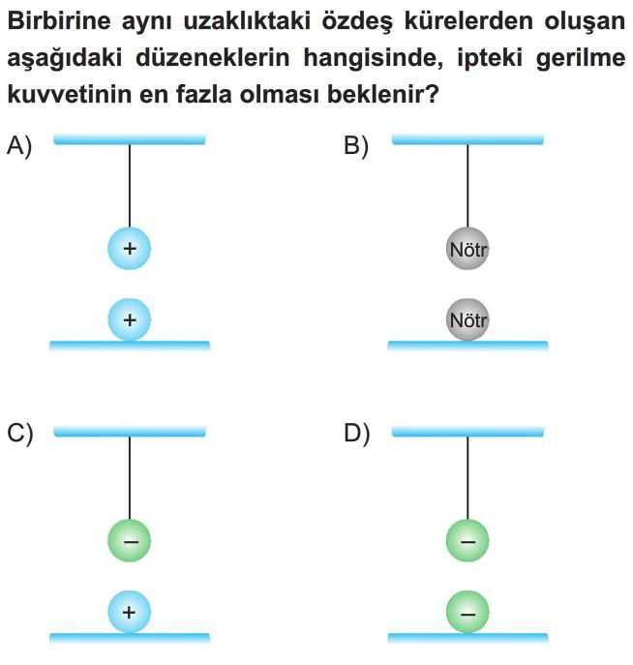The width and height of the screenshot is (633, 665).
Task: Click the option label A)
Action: [x=19, y=146]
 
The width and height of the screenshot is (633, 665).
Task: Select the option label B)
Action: [x=356, y=146]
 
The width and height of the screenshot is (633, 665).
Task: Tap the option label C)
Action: [x=20, y=434]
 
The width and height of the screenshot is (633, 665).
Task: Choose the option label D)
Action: [x=357, y=434]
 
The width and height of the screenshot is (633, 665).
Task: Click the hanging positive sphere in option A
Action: [x=130, y=248]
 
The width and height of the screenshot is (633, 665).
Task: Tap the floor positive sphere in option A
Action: [x=130, y=319]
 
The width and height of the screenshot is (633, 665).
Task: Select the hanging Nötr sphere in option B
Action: [x=467, y=249]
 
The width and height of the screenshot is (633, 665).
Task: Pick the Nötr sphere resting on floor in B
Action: [x=467, y=319]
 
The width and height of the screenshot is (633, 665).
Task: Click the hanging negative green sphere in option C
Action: [x=130, y=541]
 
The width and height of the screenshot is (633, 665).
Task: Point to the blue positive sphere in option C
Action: [x=130, y=612]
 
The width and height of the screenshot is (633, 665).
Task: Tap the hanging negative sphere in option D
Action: [x=467, y=541]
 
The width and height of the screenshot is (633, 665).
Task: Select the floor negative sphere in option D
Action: [x=467, y=612]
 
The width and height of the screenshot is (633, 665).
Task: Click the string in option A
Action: [x=130, y=186]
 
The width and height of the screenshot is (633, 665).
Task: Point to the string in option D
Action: [x=467, y=478]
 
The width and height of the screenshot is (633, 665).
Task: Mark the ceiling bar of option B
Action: [x=467, y=139]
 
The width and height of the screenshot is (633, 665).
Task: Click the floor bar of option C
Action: [x=130, y=638]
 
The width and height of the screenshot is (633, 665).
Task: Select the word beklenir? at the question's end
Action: [x=382, y=94]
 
